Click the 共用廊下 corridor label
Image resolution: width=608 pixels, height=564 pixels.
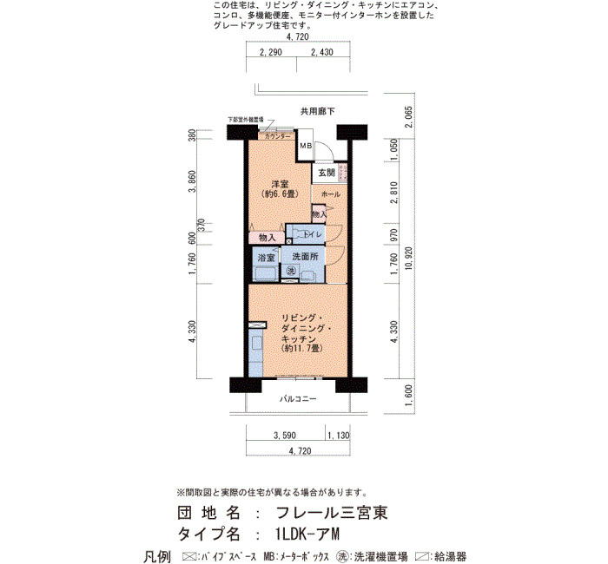(318, 111)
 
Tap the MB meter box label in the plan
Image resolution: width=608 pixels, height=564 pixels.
(305, 145)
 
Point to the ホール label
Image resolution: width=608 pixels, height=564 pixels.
(331, 193)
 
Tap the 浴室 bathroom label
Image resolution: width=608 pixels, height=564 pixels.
(265, 258)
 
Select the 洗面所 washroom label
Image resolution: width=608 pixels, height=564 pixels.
(305, 258)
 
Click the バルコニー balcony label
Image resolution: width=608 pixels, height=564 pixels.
(298, 398)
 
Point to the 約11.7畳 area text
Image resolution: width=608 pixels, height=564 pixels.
(302, 348)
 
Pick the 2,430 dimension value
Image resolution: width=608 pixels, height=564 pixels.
(321, 54)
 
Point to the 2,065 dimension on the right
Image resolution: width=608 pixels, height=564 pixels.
(407, 117)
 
